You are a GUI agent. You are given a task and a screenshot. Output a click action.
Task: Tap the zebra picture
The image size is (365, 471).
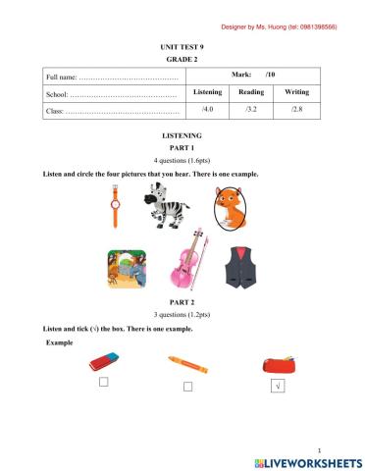pos(169,206)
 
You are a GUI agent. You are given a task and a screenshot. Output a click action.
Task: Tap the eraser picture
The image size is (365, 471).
pos(103,362)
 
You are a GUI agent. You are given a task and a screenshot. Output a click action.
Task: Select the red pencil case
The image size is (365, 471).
pos(277,364)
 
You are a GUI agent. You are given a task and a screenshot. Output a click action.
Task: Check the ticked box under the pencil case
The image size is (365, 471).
pos(278,388)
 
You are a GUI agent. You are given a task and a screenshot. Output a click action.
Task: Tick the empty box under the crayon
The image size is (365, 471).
pos(187,388)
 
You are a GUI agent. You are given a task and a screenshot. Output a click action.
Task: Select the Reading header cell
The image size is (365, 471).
pos(251,92)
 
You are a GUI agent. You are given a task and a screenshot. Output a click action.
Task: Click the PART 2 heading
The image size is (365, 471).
pos(182,302)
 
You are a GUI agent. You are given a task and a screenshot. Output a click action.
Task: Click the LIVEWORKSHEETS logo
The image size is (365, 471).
pos(308,461)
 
